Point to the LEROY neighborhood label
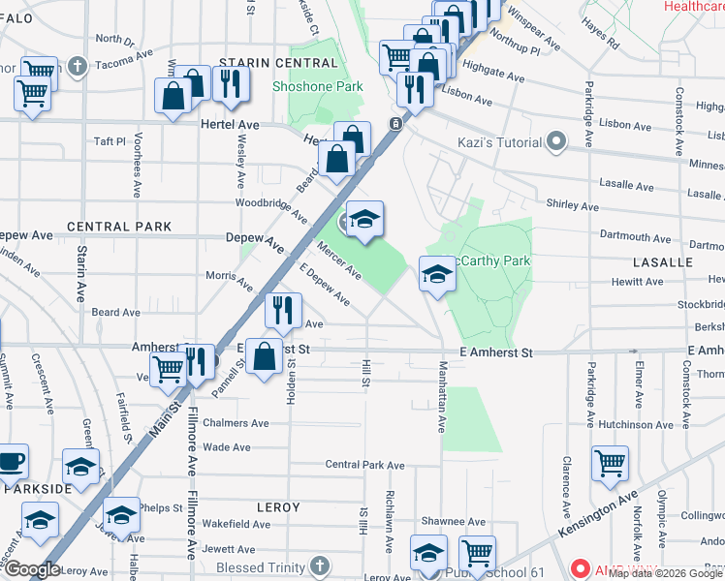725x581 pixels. (x=278, y=507)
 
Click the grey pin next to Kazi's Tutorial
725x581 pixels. (x=556, y=142)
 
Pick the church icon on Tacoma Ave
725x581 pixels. (x=78, y=67)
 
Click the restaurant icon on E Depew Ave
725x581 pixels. (x=282, y=310)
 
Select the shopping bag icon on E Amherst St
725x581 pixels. (x=265, y=355)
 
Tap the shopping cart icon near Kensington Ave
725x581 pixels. (x=610, y=464)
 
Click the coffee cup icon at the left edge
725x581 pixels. (x=10, y=460)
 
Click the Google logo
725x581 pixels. (x=31, y=569)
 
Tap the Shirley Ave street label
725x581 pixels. (x=572, y=206)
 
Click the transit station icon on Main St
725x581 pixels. (x=395, y=124)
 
